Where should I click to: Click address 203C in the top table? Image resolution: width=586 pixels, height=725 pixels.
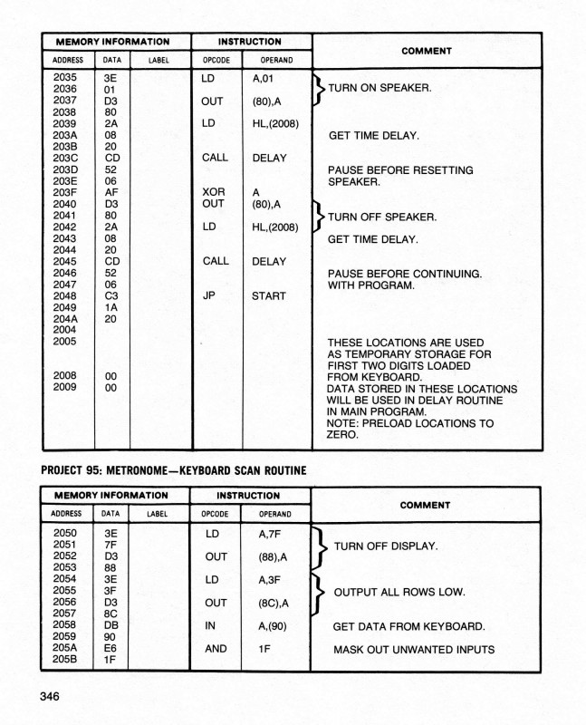point(64,158)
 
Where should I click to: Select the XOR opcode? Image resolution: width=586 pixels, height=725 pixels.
point(213,193)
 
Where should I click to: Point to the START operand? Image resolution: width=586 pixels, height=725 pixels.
point(269,296)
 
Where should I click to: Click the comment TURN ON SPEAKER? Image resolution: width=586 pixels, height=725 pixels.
point(379,89)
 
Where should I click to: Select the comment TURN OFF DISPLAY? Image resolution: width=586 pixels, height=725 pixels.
point(386,546)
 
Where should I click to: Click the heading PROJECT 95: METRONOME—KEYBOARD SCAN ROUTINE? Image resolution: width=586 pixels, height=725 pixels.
point(175,469)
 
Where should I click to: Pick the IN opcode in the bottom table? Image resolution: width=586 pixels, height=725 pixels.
point(210,626)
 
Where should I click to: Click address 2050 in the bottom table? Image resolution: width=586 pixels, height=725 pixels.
point(64,533)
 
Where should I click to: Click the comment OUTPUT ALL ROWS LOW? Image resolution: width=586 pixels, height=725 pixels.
point(399,592)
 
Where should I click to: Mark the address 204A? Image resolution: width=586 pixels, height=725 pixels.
point(64,319)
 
